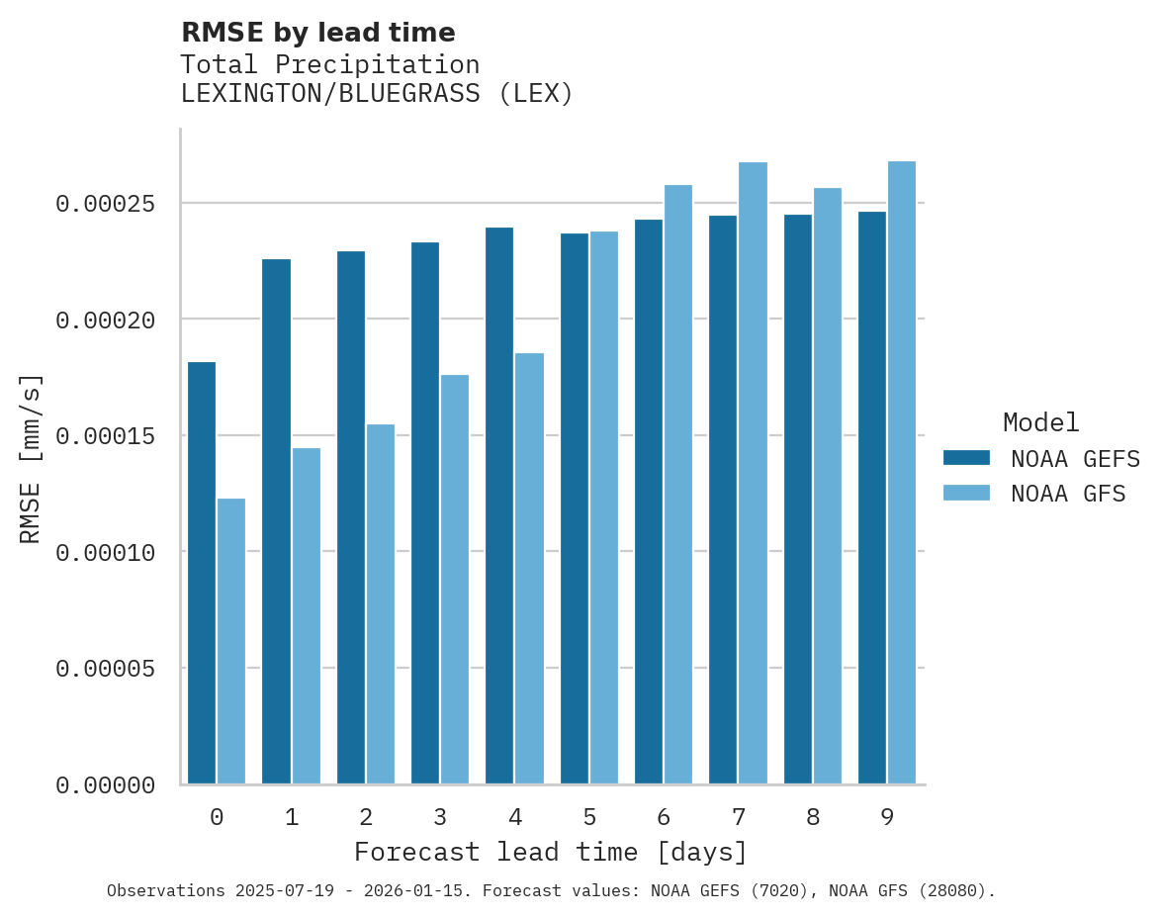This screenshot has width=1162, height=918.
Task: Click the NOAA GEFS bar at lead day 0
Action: click(202, 574)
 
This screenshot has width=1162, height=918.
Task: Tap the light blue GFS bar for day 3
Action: click(455, 580)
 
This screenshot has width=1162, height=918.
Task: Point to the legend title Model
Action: click(1040, 422)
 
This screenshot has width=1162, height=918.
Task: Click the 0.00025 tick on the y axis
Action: click(106, 204)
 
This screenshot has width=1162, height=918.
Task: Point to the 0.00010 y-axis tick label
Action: click(106, 553)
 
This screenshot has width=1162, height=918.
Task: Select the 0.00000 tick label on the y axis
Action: click(106, 785)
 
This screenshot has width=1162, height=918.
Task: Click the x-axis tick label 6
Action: click(664, 817)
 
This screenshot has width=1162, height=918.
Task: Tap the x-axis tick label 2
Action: click(366, 817)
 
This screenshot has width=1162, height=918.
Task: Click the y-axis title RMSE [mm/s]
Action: click(31, 458)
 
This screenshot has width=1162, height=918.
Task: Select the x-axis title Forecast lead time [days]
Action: click(551, 852)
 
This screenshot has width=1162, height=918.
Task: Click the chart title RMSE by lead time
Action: click(317, 33)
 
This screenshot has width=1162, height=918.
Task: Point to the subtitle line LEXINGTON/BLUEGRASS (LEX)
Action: click(377, 94)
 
